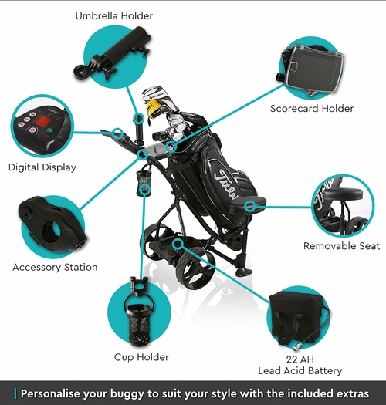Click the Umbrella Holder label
pyautogui.click(x=114, y=16)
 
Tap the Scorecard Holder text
pyautogui.click(x=312, y=109)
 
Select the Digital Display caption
pyautogui.click(x=42, y=167)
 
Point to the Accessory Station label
pyautogui.click(x=55, y=267)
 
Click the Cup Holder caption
pyautogui.click(x=141, y=357)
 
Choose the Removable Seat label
pyautogui.click(x=342, y=246)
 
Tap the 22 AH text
pyautogui.click(x=300, y=359)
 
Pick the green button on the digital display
pyautogui.click(x=51, y=130)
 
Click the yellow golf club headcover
pyautogui.click(x=153, y=107)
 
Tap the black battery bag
pyautogui.click(x=297, y=319)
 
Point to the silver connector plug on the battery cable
pyautogui.click(x=296, y=346)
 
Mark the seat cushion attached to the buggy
pyautogui.click(x=248, y=205)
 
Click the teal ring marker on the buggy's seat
pyautogui.click(x=250, y=206)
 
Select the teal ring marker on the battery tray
pyautogui.click(x=178, y=244)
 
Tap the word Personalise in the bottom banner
pyautogui.click(x=51, y=393)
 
